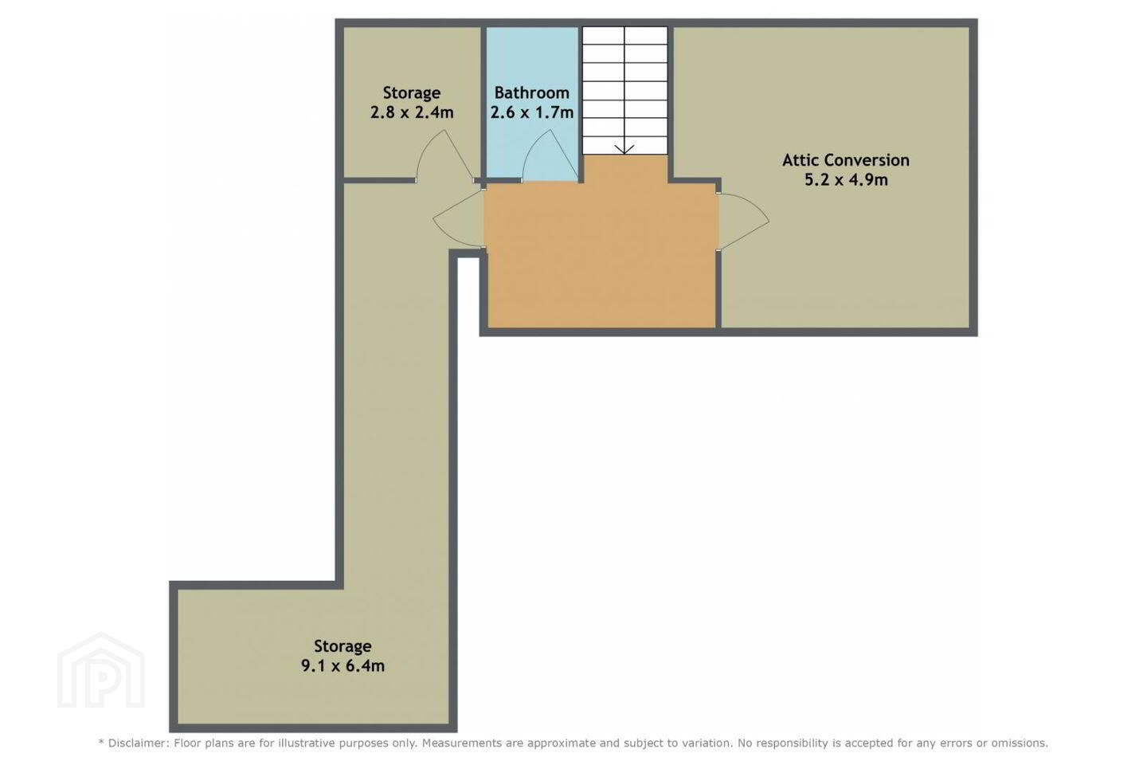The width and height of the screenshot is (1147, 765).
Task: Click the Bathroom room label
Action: pyautogui.click(x=531, y=92)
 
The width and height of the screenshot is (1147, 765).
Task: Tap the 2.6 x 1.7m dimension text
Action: pyautogui.click(x=531, y=112)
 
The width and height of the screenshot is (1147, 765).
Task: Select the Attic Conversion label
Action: pyautogui.click(x=846, y=160)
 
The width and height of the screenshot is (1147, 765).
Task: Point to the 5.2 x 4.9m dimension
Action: pyautogui.click(x=846, y=180)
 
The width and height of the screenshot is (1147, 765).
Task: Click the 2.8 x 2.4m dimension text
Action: pyautogui.click(x=412, y=112)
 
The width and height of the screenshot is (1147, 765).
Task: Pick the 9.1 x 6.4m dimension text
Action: pyautogui.click(x=343, y=665)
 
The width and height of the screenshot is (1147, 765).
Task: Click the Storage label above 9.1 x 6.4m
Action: pyautogui.click(x=343, y=646)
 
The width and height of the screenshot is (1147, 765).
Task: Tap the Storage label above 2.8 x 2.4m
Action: pyautogui.click(x=412, y=93)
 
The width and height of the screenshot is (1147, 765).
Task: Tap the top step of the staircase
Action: pyautogui.click(x=624, y=34)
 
